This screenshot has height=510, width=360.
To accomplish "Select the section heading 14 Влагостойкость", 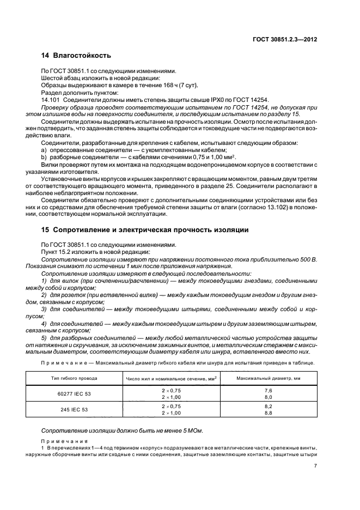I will pyautogui.click(x=76, y=56).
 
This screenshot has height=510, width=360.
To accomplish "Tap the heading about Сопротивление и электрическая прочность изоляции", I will pyautogui.click(x=145, y=230).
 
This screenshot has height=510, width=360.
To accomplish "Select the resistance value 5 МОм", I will pyautogui.click(x=191, y=431).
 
